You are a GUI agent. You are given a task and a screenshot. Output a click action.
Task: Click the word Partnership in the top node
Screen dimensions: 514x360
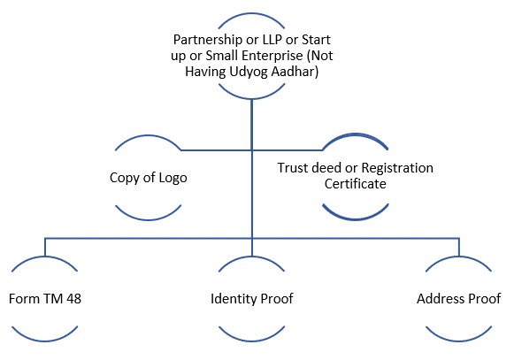point(208,40)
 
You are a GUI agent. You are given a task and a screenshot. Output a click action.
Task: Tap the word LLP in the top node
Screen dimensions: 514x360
point(272,40)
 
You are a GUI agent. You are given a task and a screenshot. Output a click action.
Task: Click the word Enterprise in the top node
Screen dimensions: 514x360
point(272,56)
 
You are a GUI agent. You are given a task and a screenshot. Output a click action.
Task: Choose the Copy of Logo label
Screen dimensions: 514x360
point(148,178)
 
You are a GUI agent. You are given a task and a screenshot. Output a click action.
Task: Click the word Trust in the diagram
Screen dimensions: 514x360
point(293,168)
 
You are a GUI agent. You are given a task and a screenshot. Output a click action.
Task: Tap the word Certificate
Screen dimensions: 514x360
point(356,184)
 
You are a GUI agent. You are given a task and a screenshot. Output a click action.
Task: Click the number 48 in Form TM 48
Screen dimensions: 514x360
point(73,299)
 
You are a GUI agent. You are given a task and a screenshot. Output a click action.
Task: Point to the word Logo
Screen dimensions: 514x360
point(173,178)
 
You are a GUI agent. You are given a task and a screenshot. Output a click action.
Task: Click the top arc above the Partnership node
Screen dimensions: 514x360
point(251,14)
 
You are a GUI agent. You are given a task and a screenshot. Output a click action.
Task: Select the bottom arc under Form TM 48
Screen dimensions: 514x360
point(45,341)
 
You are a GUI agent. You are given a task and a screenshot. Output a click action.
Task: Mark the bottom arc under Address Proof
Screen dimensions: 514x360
point(458,341)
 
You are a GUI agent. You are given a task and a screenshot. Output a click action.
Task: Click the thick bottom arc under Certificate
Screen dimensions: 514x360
point(356,218)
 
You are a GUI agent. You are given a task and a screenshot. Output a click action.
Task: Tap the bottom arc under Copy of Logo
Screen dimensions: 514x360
point(148,219)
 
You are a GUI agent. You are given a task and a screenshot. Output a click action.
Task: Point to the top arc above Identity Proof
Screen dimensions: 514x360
point(251,257)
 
